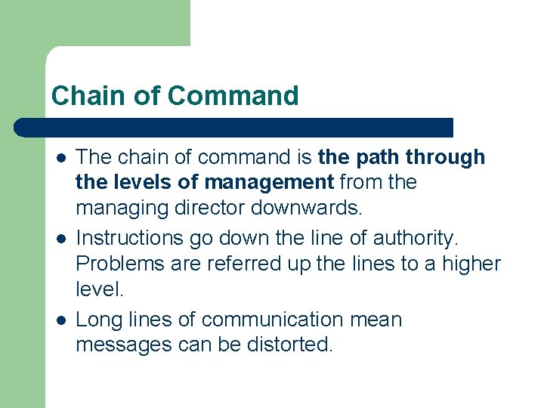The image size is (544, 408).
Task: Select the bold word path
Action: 374,157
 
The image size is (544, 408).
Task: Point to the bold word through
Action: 445,157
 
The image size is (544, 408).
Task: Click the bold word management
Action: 269,182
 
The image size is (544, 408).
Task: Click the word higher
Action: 472,264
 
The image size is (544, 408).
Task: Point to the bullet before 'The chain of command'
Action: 60,158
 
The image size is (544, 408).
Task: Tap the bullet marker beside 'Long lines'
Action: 60,320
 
